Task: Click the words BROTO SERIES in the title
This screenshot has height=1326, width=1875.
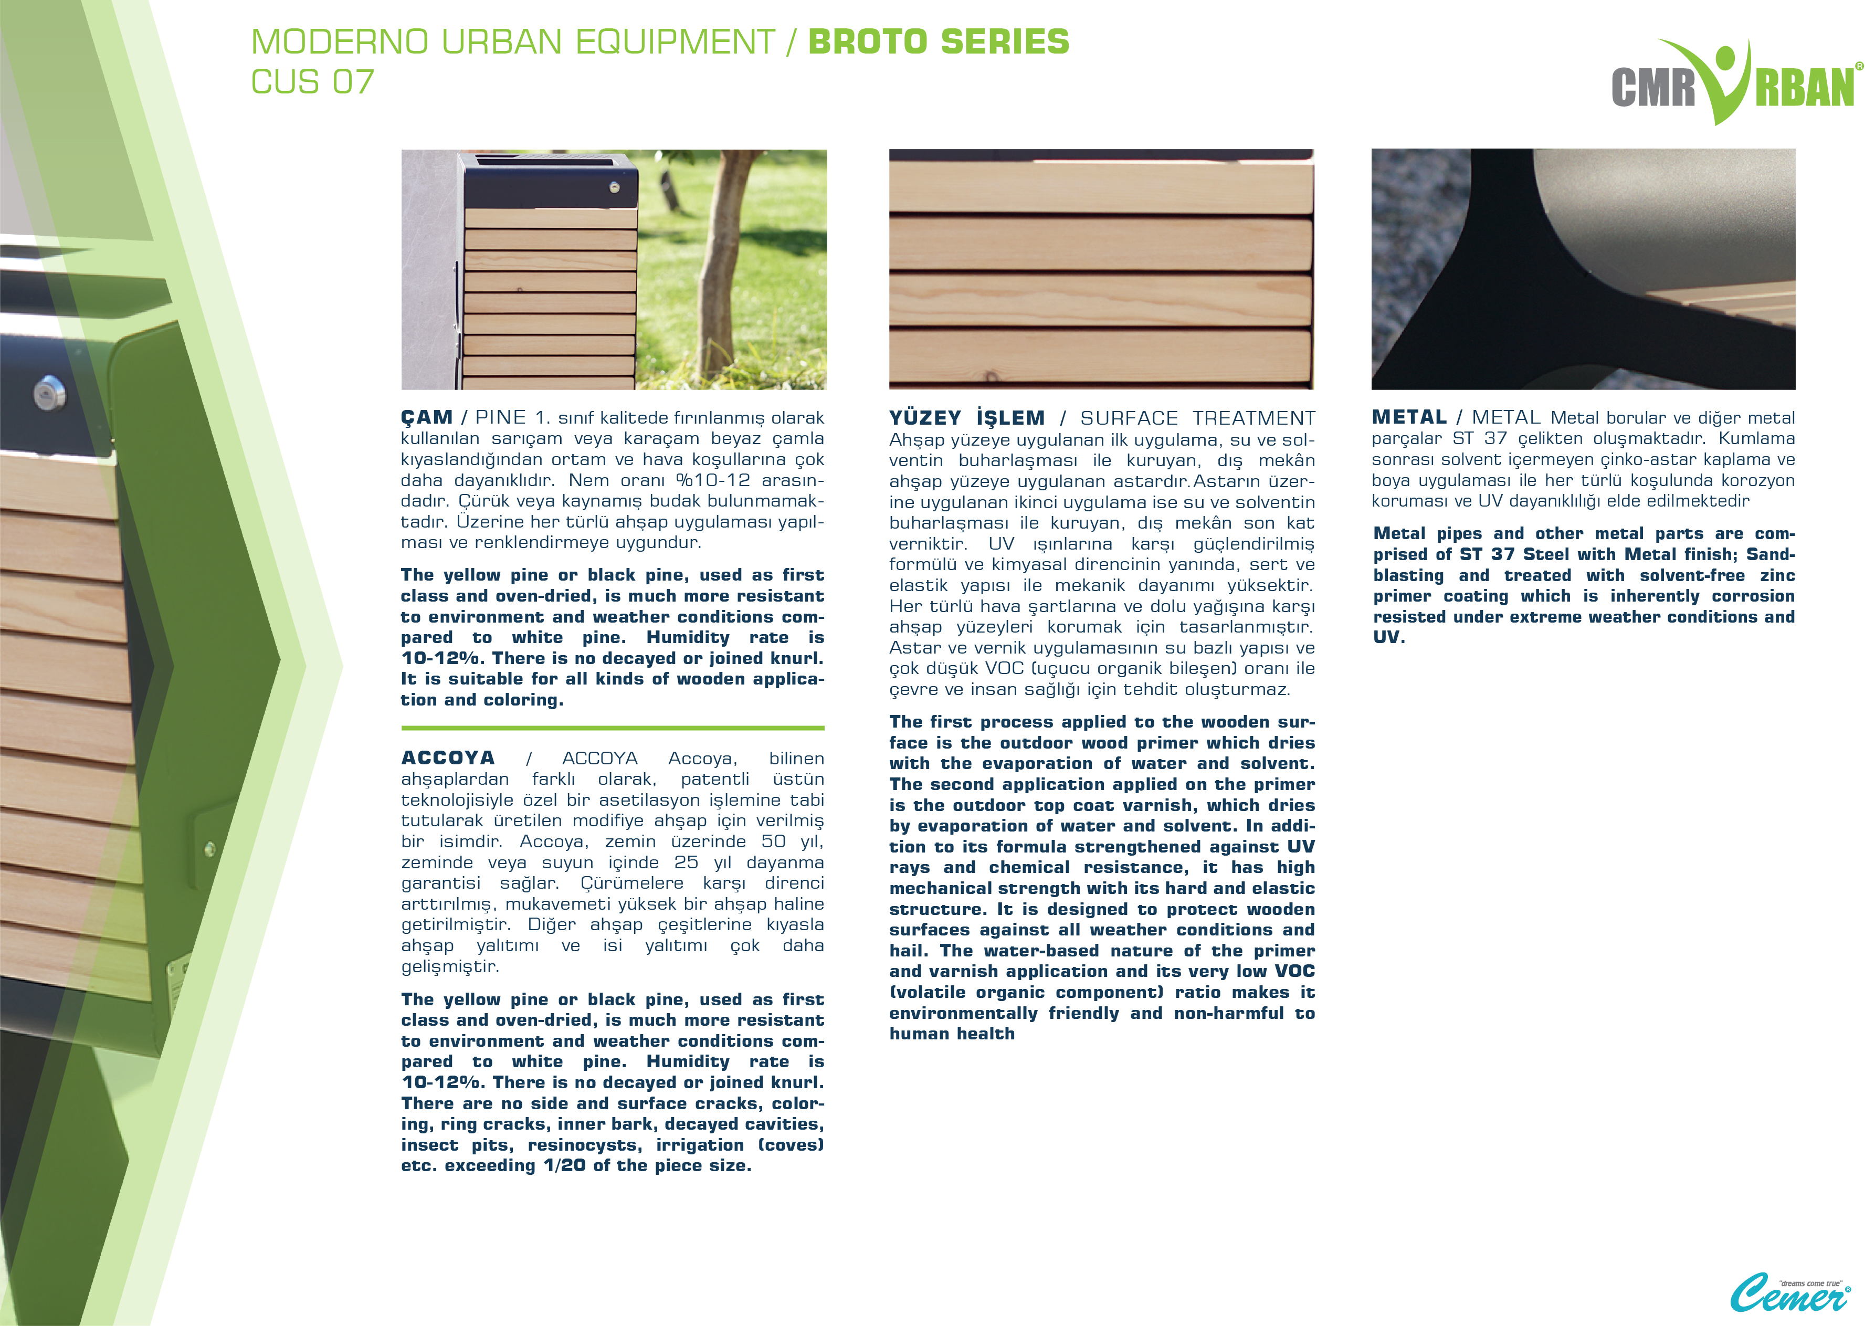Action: pyautogui.click(x=939, y=41)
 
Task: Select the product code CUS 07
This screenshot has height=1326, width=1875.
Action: pyautogui.click(x=312, y=82)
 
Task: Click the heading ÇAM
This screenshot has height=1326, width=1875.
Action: pyautogui.click(x=426, y=417)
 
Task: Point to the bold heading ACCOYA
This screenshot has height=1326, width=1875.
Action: pyautogui.click(x=448, y=757)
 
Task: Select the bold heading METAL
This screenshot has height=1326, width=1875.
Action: pyautogui.click(x=1409, y=417)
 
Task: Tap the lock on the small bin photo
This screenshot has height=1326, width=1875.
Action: pyautogui.click(x=615, y=188)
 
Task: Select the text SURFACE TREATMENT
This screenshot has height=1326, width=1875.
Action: pyautogui.click(x=1197, y=418)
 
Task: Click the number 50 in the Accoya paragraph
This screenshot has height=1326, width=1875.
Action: pyautogui.click(x=773, y=841)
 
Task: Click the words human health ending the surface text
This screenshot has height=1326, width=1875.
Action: pyautogui.click(x=952, y=1034)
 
